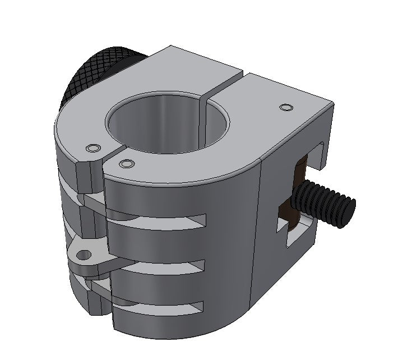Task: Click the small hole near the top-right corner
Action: (x=286, y=107)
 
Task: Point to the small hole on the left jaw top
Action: (x=92, y=148)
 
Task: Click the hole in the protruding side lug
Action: (x=84, y=256)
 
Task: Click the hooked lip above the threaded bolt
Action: (x=320, y=154)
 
